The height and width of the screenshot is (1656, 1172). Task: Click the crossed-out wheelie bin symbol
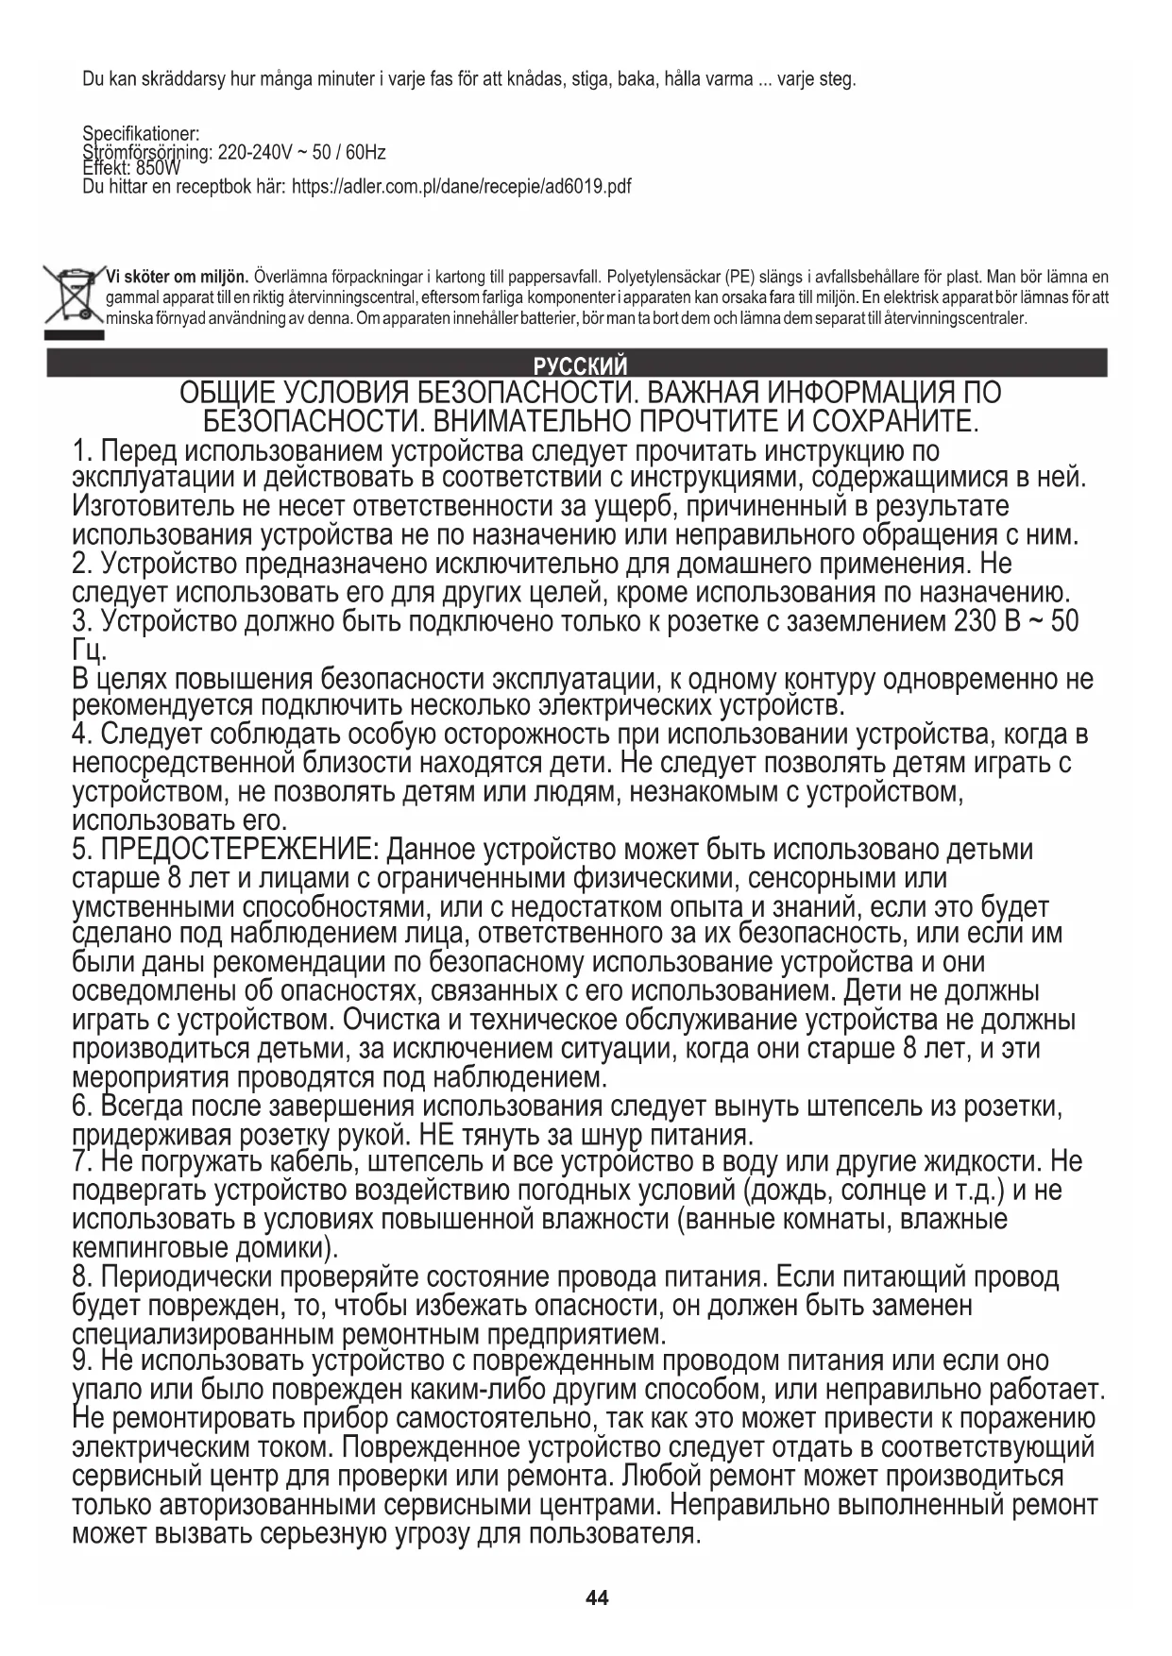[x=73, y=297]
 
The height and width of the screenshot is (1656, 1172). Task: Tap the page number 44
[x=597, y=1598]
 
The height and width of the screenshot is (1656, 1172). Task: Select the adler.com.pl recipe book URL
[x=461, y=186]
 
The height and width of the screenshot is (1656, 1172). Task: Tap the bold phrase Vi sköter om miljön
[x=177, y=277]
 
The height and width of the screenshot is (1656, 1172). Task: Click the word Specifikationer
[x=140, y=134]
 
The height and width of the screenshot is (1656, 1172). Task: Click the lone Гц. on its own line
[x=90, y=651]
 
